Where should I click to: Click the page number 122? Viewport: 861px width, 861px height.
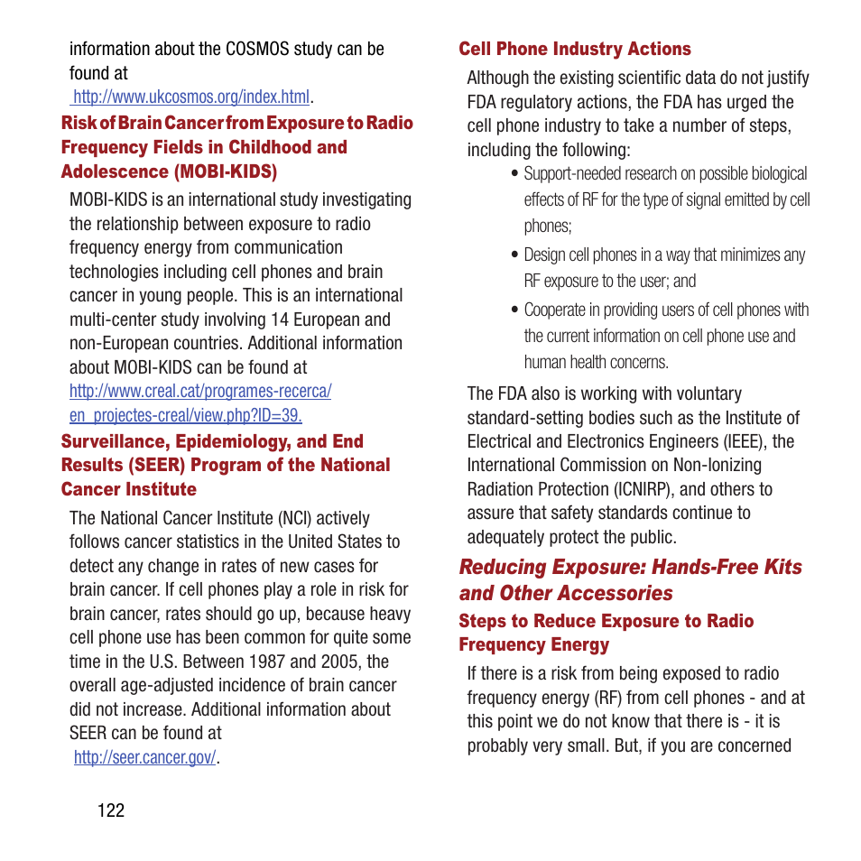click(x=111, y=810)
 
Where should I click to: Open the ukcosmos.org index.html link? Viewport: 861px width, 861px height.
click(x=191, y=97)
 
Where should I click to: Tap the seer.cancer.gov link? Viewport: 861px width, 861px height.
click(x=144, y=757)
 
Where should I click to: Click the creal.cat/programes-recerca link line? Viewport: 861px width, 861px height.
click(x=200, y=391)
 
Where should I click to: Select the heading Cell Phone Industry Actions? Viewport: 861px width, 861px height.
click(x=575, y=49)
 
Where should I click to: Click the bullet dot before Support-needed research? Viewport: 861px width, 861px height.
click(x=514, y=174)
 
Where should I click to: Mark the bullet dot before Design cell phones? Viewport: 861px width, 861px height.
click(x=514, y=255)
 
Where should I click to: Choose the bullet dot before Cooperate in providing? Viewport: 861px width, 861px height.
click(x=514, y=310)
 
